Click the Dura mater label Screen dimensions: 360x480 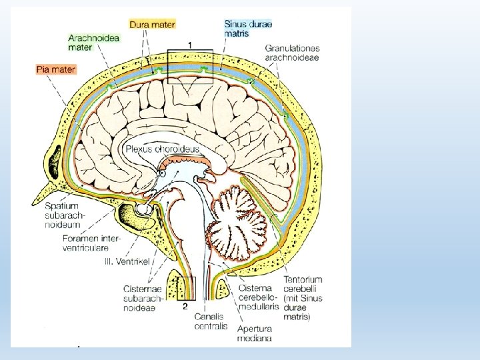tap(153, 25)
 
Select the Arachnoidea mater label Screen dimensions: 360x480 tap(93, 43)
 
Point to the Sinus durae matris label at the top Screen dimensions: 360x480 tap(248, 28)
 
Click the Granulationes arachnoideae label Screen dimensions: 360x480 tap(293, 53)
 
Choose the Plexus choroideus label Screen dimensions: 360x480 tap(162, 149)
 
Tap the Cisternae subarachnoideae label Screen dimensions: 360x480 tap(143, 294)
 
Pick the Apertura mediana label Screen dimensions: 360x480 tap(254, 333)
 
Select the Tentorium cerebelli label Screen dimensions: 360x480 tap(303, 284)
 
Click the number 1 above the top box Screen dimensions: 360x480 tap(191, 44)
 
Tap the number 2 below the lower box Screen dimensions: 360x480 tap(185, 307)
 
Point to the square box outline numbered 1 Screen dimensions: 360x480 tap(190, 66)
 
